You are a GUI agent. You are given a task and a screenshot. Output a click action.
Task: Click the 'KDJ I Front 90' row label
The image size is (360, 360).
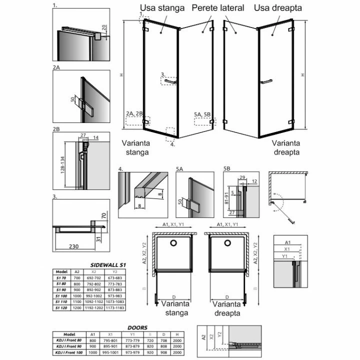tap(69, 346)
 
